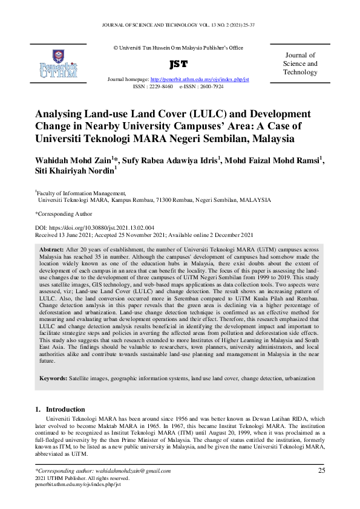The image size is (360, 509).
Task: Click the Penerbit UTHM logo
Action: click(x=58, y=64)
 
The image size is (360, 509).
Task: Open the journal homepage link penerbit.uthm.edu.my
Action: click(x=199, y=80)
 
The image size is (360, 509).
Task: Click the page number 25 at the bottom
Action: click(x=322, y=470)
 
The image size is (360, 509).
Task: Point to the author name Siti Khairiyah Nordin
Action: click(x=74, y=172)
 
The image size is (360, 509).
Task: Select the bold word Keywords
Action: click(x=53, y=378)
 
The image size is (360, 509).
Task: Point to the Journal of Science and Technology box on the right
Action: click(x=300, y=63)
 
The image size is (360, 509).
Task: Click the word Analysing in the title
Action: click(x=62, y=114)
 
